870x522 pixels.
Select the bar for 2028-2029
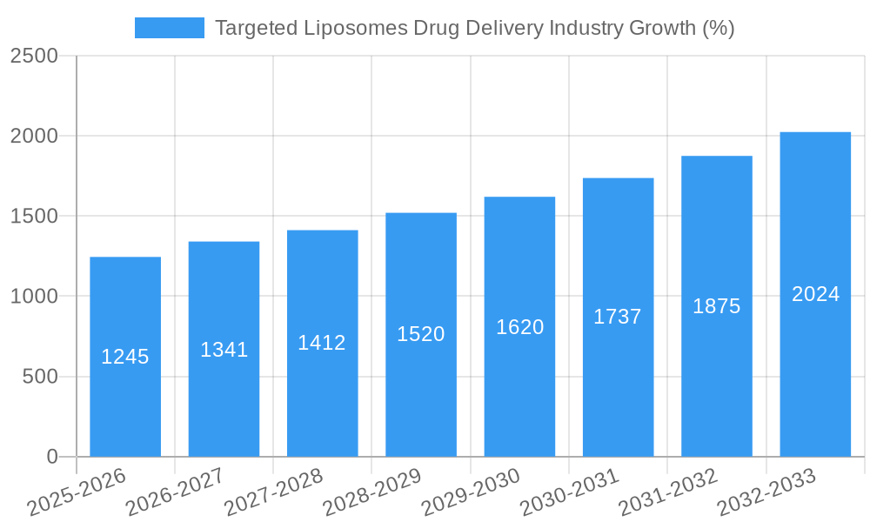point(421,391)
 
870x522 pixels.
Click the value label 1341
point(224,350)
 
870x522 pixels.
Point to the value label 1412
point(322,343)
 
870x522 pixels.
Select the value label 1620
point(519,327)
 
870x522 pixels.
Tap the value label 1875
point(716,306)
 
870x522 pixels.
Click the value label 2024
point(815,294)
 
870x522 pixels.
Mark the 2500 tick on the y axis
point(34,57)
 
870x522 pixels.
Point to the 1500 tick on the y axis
point(34,217)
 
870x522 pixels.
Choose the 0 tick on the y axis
point(52,457)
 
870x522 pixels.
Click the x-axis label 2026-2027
point(175,492)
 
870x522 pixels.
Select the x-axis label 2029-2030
point(471,492)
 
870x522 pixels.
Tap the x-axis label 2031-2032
point(668,492)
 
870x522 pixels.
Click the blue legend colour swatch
point(169,28)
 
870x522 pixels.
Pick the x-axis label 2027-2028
point(273,492)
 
